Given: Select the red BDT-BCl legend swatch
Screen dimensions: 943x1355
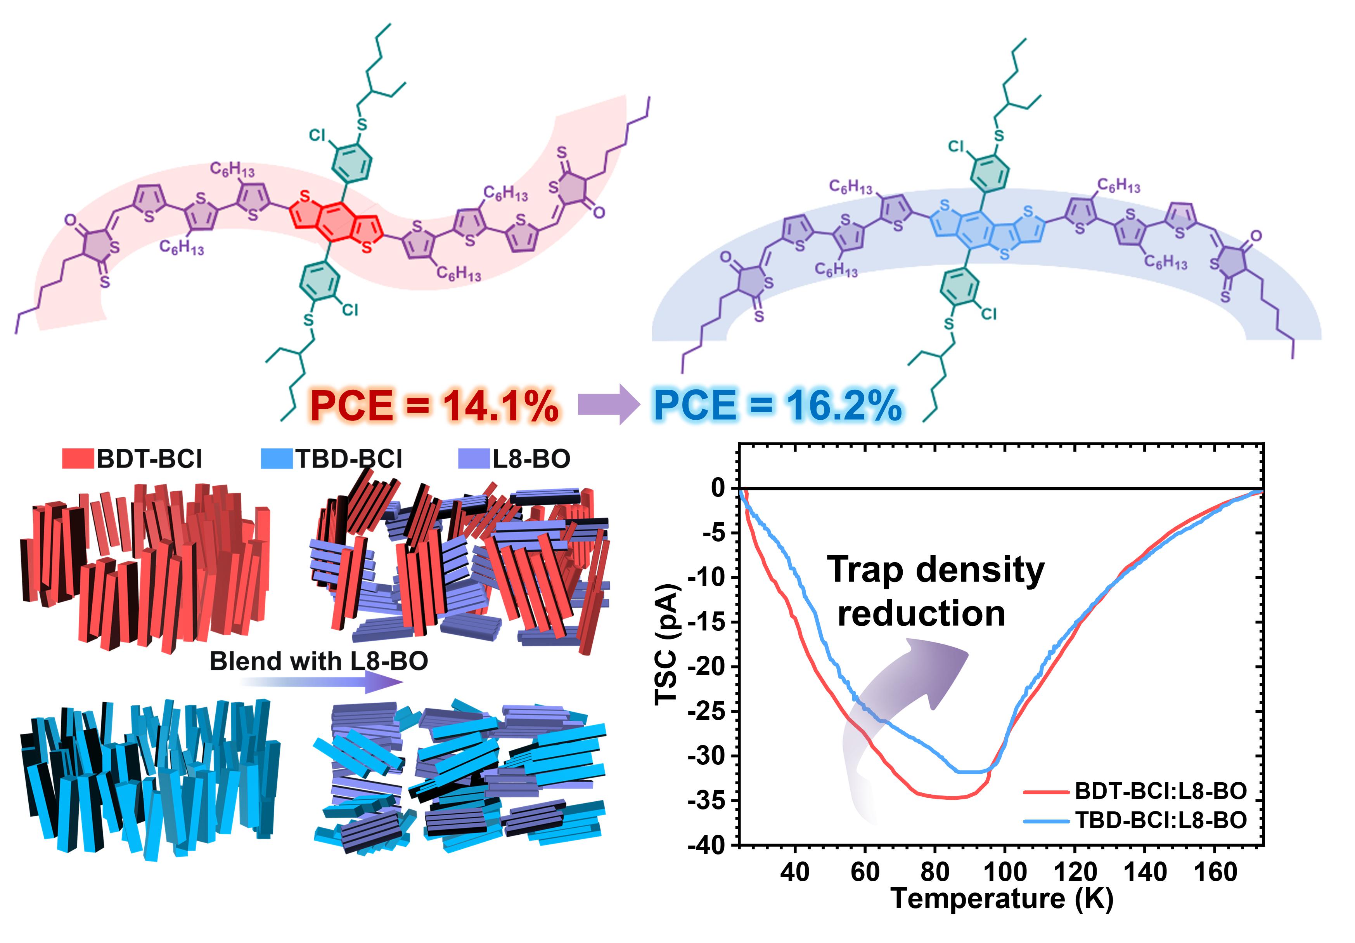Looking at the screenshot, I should tap(78, 458).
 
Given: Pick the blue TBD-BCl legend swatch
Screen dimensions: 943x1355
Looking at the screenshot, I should tap(276, 458).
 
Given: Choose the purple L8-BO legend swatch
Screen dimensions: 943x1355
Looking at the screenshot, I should tap(474, 458).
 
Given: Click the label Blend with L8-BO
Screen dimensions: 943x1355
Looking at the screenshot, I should tap(319, 661).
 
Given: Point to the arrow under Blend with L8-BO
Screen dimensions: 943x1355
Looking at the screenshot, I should tap(322, 683).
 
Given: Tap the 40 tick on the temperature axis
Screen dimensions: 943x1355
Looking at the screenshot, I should tap(794, 872).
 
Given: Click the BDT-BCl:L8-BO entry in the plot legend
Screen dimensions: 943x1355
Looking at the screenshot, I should tap(1159, 791).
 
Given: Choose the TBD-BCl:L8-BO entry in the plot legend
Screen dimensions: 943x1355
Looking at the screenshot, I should tap(1159, 820).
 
